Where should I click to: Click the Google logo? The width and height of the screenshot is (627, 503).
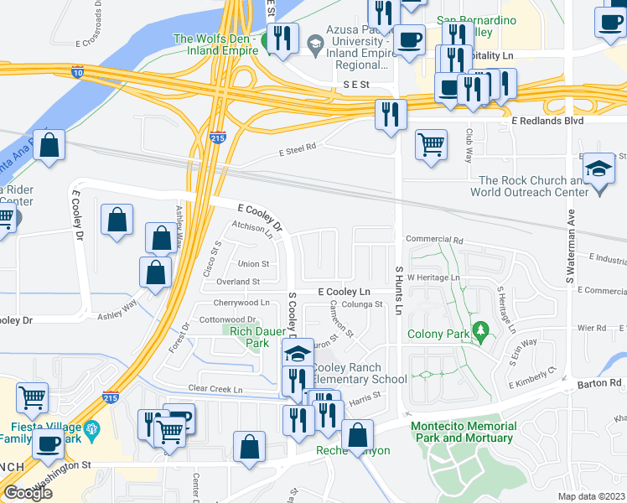click(x=28, y=493)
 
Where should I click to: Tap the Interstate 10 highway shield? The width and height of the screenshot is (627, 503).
click(x=78, y=71)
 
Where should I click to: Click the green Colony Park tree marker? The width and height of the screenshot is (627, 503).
click(x=480, y=332)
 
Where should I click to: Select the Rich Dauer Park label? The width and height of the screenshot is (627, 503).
click(x=250, y=337)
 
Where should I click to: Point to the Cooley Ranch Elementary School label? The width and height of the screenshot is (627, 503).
click(x=360, y=374)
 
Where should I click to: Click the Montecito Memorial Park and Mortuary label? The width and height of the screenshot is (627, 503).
click(x=462, y=432)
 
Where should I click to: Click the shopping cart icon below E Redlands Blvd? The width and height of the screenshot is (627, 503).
click(x=431, y=143)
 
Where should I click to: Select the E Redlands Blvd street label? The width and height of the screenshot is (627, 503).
click(x=578, y=122)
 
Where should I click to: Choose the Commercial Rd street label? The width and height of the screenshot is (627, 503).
click(x=434, y=240)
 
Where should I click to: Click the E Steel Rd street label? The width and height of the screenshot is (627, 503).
click(x=298, y=150)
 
